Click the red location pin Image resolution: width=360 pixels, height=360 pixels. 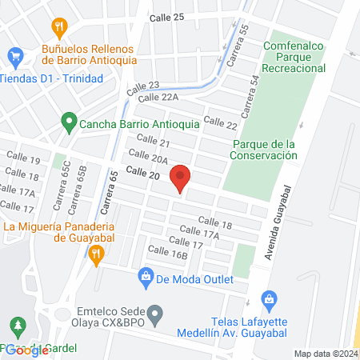point(181,178)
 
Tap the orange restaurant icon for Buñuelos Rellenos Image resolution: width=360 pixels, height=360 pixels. point(58,27)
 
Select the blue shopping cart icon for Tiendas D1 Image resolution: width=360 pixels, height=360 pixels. point(14,56)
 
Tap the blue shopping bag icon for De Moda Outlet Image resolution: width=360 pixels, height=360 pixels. point(146,278)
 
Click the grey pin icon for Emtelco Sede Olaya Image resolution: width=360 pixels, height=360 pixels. point(157,310)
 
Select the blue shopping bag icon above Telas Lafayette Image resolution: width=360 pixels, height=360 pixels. point(269,300)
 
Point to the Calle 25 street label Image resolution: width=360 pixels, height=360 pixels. point(166,17)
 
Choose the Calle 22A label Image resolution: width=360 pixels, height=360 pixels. point(157,97)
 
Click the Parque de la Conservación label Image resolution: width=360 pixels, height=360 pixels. point(263,150)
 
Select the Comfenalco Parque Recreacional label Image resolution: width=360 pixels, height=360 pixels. point(295,57)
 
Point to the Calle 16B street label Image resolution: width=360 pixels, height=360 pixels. point(167,255)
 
